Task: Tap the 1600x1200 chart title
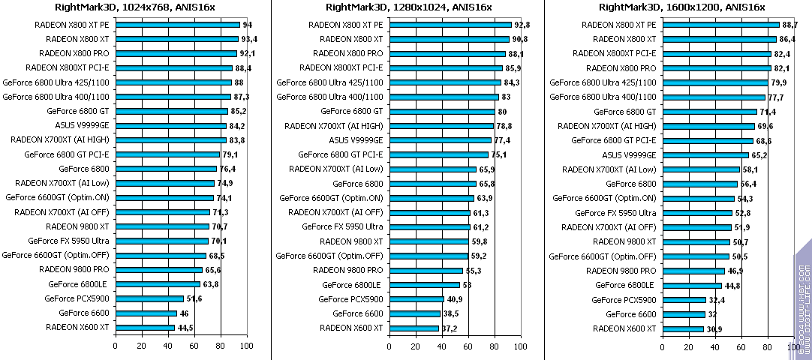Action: pyautogui.click(x=682, y=7)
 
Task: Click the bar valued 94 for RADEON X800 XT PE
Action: pyautogui.click(x=177, y=25)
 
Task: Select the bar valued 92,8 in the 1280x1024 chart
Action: pyautogui.click(x=450, y=25)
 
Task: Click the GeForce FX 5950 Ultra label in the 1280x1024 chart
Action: pyautogui.click(x=342, y=226)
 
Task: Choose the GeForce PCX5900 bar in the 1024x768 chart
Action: pyautogui.click(x=149, y=299)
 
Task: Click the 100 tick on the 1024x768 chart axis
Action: pyautogui.click(x=247, y=346)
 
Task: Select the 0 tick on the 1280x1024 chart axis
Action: pyautogui.click(x=389, y=346)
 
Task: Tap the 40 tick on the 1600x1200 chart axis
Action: pyautogui.click(x=714, y=346)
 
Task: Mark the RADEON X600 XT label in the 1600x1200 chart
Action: pyautogui.click(x=624, y=328)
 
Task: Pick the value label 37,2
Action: pyautogui.click(x=448, y=328)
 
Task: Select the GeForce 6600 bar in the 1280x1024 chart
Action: pyautogui.click(x=414, y=313)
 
